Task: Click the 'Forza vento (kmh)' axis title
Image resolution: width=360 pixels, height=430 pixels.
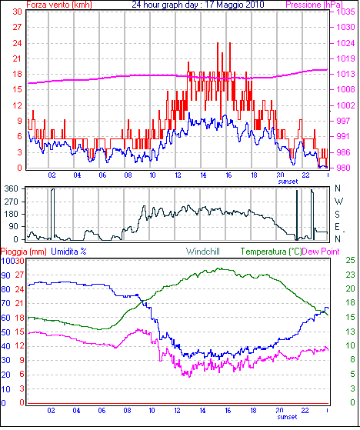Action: click(59, 5)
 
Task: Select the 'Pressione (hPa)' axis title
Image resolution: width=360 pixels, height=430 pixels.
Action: click(314, 5)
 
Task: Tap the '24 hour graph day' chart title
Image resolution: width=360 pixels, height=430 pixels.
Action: click(165, 5)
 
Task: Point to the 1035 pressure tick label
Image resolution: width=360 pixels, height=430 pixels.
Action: click(346, 12)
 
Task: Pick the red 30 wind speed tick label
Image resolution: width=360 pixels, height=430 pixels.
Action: click(17, 12)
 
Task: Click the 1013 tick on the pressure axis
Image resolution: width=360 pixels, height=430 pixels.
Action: click(346, 74)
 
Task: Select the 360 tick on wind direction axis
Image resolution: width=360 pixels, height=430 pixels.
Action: click(12, 188)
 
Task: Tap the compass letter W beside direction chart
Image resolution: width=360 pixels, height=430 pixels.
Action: click(339, 202)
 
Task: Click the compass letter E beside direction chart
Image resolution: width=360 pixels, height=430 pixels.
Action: click(337, 227)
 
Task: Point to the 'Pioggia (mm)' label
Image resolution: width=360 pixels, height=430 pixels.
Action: click(24, 252)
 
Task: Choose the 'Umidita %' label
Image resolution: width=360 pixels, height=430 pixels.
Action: click(68, 252)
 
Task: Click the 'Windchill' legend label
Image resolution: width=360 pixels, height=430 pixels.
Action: click(203, 252)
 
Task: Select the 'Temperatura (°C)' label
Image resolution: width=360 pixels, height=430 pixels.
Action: click(271, 252)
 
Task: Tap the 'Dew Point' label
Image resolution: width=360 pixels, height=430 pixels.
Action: click(321, 252)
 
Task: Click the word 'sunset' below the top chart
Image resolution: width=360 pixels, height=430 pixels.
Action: click(288, 182)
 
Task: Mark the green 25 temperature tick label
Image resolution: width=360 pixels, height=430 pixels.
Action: click(350, 260)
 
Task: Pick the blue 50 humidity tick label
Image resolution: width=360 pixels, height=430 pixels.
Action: click(5, 332)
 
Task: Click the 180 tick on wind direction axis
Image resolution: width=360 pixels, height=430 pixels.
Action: click(12, 214)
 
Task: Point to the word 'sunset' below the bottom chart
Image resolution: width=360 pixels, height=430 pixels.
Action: click(287, 417)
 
